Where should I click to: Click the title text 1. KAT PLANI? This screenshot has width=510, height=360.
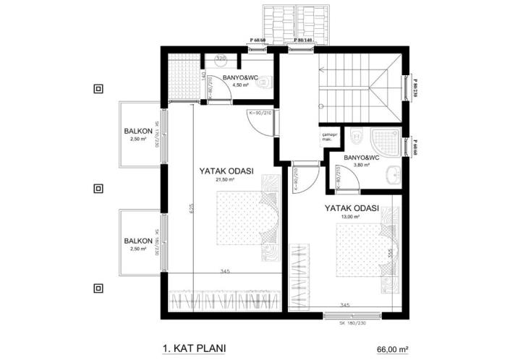[x=191, y=348]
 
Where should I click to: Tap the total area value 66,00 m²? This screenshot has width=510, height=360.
[x=393, y=348]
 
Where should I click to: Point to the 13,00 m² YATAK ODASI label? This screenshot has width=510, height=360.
[x=352, y=211]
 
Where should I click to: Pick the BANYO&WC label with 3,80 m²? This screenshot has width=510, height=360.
[x=361, y=159]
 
